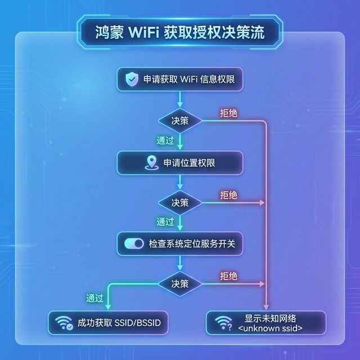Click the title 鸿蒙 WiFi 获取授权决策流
coord(180,32)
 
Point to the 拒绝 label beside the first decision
coord(228,114)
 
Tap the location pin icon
coord(150,163)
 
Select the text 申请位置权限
coord(190,163)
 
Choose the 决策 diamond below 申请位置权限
coord(180,202)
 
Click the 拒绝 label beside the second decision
coord(228,195)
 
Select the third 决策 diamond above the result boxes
coord(180,283)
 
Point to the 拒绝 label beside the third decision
coord(228,276)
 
